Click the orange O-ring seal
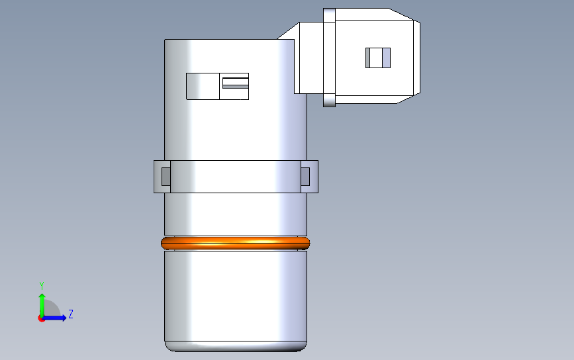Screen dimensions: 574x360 236,244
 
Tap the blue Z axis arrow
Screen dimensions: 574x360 55,318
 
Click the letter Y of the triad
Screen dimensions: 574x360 42,285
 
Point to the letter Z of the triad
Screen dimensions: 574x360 71,314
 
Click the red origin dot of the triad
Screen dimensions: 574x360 40,319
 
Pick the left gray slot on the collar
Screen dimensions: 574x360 166,177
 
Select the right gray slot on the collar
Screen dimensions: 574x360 305,177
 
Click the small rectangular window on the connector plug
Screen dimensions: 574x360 378,58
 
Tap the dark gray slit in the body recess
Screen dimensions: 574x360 236,86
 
